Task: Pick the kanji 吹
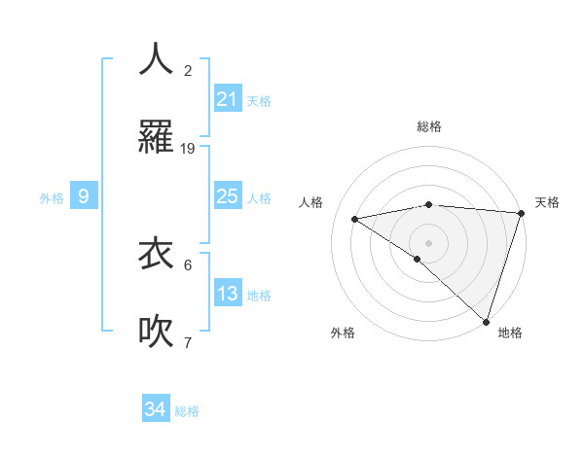[x=157, y=331]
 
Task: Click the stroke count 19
[x=188, y=149]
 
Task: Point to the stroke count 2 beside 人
[x=188, y=71]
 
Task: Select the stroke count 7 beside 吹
[x=188, y=343]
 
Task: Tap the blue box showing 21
[x=228, y=99]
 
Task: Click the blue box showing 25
[x=228, y=196]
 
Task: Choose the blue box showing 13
[x=228, y=294]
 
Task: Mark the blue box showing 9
[x=84, y=196]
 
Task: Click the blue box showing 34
[x=156, y=409]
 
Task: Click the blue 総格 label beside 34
[x=187, y=411]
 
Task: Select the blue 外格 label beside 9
[x=52, y=198]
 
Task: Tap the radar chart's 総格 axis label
[x=428, y=126]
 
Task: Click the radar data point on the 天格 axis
[x=521, y=213]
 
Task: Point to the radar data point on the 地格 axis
[x=486, y=321]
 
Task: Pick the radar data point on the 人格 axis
[x=355, y=219]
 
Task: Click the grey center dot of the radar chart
[x=428, y=242]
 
